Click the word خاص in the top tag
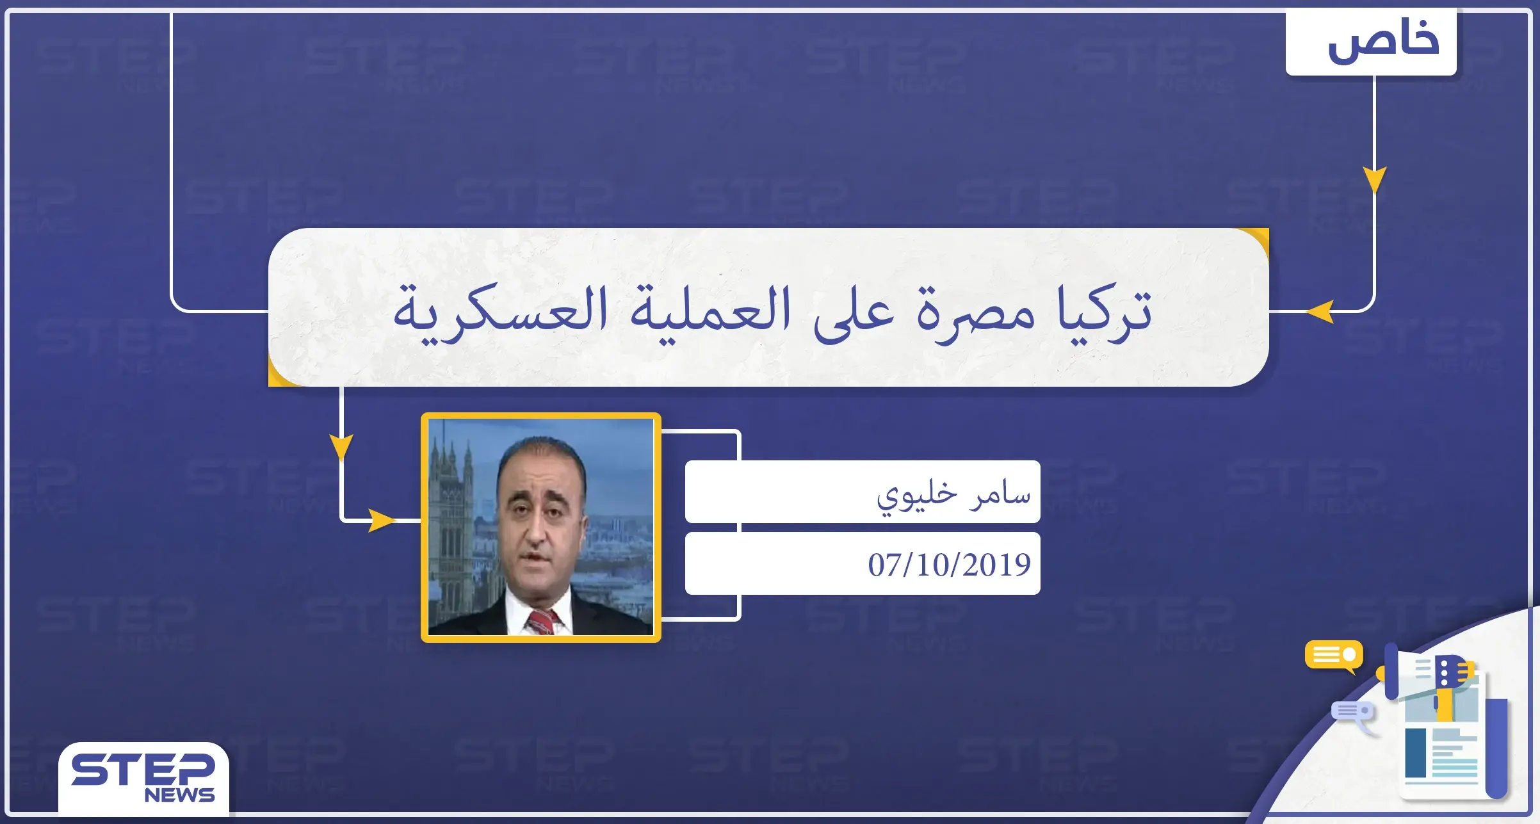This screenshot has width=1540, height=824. [x=1383, y=41]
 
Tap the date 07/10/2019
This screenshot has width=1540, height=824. [x=949, y=565]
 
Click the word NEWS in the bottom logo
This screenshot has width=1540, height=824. [x=179, y=795]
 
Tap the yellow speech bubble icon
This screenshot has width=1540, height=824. [x=1334, y=655]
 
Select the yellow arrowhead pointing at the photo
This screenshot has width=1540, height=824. [x=382, y=521]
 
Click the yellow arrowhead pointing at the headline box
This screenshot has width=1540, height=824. [x=1320, y=312]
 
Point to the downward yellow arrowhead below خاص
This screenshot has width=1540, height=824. [x=1374, y=179]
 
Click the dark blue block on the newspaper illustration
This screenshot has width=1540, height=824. [x=1415, y=753]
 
